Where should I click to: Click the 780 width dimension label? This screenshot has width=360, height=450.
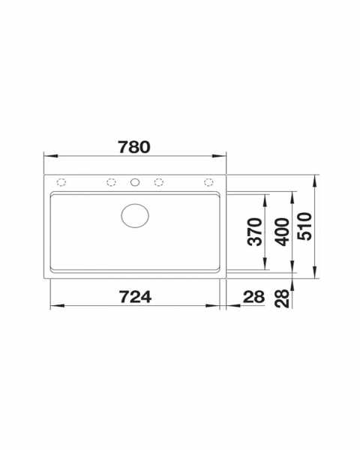point(134,147)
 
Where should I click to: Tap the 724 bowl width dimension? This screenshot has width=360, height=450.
point(135,297)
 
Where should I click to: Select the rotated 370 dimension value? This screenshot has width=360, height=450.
point(255,232)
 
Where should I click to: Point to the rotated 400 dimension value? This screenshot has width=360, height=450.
point(282,232)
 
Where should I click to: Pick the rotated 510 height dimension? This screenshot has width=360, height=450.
point(304,226)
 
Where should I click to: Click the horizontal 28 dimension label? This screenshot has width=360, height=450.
point(253,297)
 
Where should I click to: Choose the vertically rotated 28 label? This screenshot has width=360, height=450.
point(282,298)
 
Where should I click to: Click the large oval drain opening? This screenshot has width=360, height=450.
point(135,216)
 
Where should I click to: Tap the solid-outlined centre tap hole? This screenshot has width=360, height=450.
point(135,182)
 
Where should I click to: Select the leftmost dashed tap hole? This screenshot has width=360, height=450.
point(61,182)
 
